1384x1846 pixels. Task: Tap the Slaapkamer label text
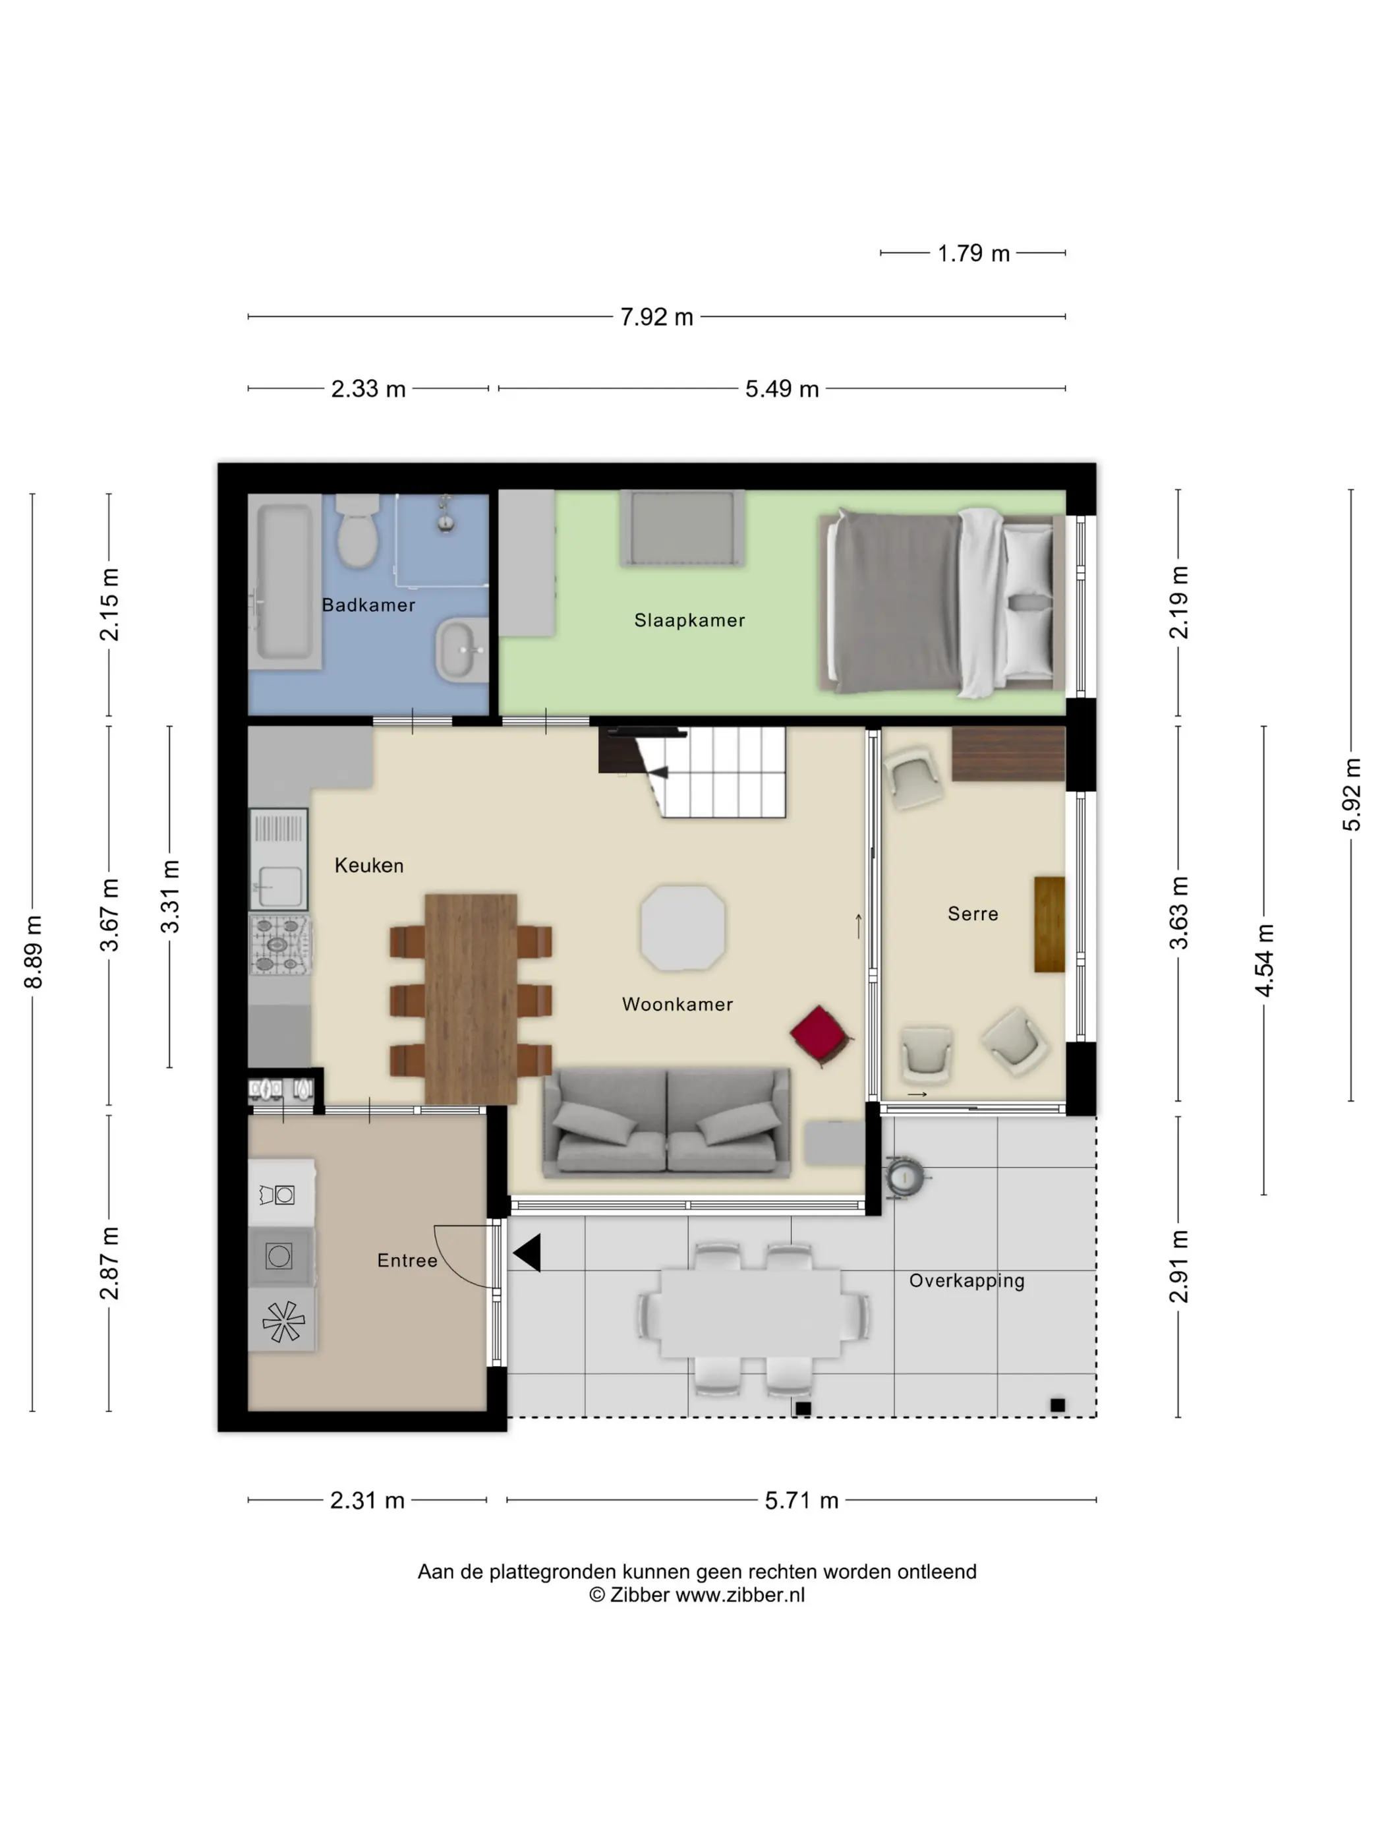[x=689, y=620]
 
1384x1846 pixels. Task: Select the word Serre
[x=973, y=913]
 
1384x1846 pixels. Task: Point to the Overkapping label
[x=966, y=1281]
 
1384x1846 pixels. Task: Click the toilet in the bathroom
[x=357, y=530]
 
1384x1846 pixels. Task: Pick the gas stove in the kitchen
[x=279, y=945]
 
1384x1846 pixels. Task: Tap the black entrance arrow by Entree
[x=527, y=1253]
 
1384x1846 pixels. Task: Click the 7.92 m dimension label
[x=656, y=317]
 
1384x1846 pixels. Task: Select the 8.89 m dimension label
[x=34, y=951]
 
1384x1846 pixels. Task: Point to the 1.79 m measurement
[x=973, y=253]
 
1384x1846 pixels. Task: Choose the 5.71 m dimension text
[x=801, y=1500]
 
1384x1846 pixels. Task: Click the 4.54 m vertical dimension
[x=1264, y=960]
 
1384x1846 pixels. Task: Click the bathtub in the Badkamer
[x=285, y=581]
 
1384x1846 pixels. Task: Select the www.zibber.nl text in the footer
[x=740, y=1594]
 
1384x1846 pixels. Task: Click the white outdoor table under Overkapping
[x=751, y=1313]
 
